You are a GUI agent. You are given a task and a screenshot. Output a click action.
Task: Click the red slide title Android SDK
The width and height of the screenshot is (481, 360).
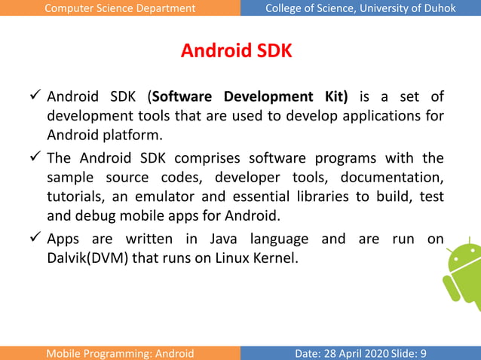[236, 51]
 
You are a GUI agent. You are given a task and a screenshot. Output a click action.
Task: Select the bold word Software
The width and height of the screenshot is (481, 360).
[184, 96]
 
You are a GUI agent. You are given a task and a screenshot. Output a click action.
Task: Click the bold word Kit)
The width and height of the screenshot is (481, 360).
[334, 96]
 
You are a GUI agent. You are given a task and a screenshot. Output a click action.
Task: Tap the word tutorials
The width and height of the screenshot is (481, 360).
[75, 197]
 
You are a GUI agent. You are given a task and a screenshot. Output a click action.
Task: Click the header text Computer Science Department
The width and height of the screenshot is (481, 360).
[120, 8]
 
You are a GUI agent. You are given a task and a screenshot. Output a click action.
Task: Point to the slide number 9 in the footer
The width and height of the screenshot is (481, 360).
[423, 353]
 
